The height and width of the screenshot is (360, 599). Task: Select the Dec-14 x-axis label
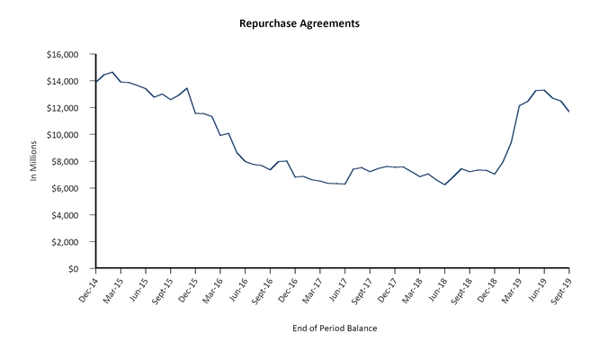85,288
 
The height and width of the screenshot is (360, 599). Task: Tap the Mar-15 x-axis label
110,288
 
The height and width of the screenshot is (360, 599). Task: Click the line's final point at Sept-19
568,112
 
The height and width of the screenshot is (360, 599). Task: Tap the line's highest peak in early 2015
112,72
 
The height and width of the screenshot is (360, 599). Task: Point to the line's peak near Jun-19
543,90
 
